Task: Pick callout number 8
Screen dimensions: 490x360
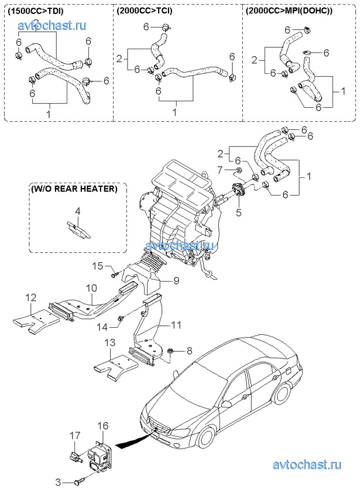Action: click(189, 351)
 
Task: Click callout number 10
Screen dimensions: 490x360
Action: click(92, 288)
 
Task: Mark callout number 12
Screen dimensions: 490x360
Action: click(30, 299)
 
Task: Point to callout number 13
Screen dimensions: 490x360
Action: click(110, 343)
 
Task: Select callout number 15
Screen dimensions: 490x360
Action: click(98, 267)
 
